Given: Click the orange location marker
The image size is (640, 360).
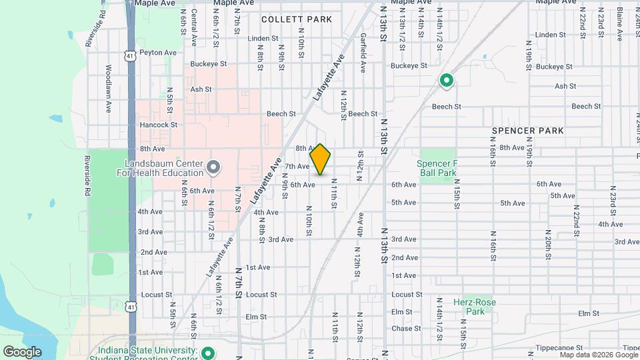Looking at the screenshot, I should (x=321, y=159).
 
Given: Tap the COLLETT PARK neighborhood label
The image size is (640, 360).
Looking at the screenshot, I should (x=297, y=19).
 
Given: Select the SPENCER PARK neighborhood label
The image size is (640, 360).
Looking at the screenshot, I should (x=528, y=131).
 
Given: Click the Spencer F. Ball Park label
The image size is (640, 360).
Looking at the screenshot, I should (x=437, y=168).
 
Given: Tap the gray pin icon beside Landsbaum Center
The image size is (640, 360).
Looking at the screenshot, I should (x=213, y=167).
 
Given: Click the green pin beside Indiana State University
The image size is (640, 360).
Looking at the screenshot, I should (x=208, y=353).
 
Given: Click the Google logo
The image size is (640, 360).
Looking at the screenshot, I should (x=22, y=352).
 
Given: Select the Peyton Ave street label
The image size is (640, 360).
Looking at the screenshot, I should (x=158, y=53).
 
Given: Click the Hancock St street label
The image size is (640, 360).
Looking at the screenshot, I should (x=158, y=125).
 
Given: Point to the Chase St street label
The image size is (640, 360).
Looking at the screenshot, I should (x=403, y=328).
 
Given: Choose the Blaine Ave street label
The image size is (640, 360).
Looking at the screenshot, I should (x=619, y=19).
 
